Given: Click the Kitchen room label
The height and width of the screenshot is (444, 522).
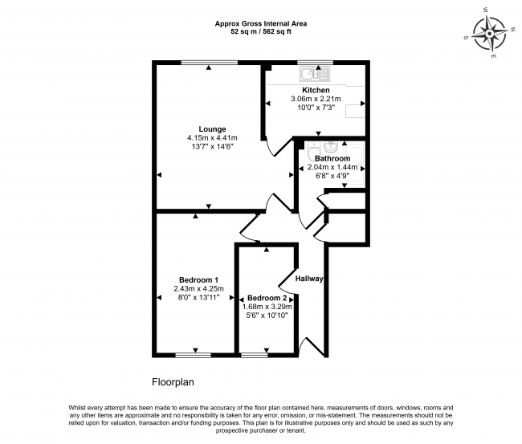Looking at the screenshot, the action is tap(316, 90).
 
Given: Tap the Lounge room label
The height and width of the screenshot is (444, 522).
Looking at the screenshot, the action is tap(212, 129).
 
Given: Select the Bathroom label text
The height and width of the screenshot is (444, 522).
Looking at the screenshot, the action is tap(332, 158).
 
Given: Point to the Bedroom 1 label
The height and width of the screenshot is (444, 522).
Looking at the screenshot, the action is tap(198, 280).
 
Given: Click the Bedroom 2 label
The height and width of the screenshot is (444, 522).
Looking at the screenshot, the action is tap(267, 298).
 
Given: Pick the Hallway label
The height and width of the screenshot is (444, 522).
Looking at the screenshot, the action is tap(309, 279).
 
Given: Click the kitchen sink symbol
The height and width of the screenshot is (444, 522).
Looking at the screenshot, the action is tap(315, 74).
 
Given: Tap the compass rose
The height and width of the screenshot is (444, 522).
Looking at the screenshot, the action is tap(490, 34).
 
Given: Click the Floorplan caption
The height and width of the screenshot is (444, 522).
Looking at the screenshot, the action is tap(173, 381).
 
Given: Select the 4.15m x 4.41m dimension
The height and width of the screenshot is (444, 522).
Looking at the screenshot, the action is tap(212, 138).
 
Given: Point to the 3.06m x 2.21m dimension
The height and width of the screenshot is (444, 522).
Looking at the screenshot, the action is tap(316, 99).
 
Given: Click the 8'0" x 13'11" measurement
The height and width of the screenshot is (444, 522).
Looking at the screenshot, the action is tap(198, 298).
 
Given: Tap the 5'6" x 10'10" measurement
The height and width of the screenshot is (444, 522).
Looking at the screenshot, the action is tap(267, 316).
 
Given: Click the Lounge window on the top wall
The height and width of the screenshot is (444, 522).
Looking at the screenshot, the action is tap(210, 63).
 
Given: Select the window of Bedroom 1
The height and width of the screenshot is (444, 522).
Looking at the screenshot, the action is tap(193, 356).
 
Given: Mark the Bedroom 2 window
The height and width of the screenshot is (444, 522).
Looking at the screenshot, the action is tap(255, 356).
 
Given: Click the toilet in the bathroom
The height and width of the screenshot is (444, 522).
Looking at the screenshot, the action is tap(313, 152).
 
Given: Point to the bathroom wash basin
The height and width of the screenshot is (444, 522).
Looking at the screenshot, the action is tap(331, 147).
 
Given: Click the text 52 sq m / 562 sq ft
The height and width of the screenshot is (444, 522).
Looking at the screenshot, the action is tap(261, 32).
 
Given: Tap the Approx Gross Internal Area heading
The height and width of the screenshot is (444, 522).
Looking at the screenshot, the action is tap(261, 23).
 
